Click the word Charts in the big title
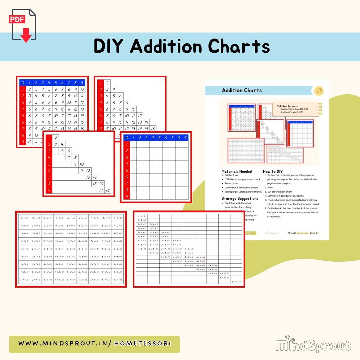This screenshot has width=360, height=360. pos(238,46)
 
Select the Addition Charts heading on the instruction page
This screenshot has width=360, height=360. pos(242,90)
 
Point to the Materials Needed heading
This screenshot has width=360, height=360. pos(236,171)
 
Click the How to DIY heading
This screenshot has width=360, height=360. pos(273,171)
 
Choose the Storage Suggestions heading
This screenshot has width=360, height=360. pos(240,198)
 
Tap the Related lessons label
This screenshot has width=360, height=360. pos(288,106)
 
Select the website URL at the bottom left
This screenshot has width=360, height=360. pos(94,343)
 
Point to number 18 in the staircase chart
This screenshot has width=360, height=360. pos(108,190)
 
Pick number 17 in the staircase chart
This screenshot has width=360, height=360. pos(101,190)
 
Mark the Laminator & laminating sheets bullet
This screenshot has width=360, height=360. pos(241,188)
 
